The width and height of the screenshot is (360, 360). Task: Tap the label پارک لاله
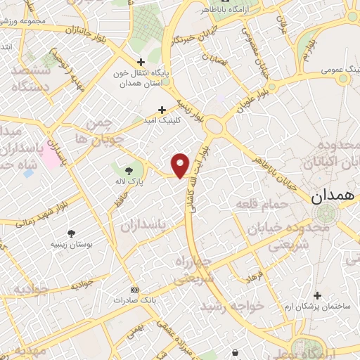129,182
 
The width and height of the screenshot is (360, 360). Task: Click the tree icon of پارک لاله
129,170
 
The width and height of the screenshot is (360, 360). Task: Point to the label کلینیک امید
161,120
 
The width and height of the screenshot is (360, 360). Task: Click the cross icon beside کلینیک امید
162,109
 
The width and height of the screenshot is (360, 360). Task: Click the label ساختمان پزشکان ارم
318,307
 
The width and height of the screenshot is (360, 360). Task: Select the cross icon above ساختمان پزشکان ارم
318,295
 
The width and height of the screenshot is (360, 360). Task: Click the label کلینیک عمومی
325,70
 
